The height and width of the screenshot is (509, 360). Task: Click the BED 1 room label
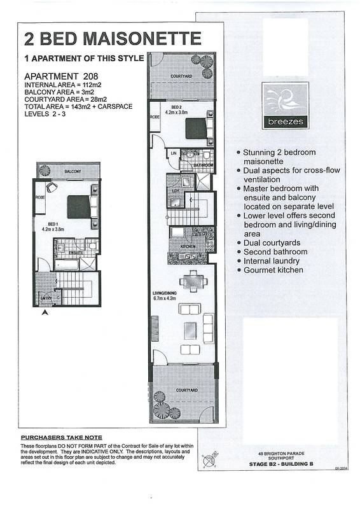click(x=50, y=225)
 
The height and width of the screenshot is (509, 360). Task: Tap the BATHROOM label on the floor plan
click(x=202, y=165)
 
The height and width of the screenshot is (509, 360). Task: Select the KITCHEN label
click(x=187, y=246)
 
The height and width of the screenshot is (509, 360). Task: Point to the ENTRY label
click(x=46, y=297)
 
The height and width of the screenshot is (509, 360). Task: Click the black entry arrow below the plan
click(x=45, y=311)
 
